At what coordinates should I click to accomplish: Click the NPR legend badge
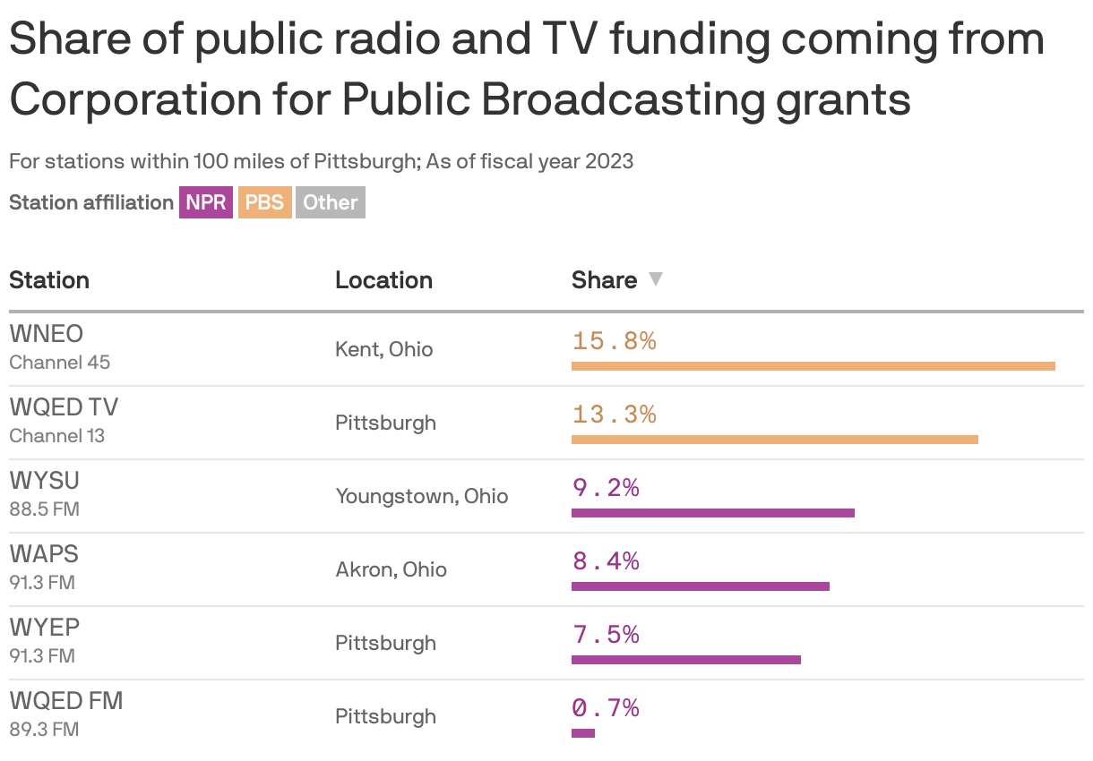pos(205,202)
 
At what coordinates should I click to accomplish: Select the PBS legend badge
pos(264,202)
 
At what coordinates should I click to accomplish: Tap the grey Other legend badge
pos(330,202)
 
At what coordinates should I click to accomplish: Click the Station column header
pos(49,280)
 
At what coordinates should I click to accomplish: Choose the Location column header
pos(383,280)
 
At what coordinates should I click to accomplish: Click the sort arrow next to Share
pos(656,279)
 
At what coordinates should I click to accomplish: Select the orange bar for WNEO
pos(813,365)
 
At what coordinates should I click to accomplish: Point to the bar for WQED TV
pos(774,439)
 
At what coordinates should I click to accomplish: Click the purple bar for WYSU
pos(712,513)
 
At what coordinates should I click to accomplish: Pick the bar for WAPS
pos(700,586)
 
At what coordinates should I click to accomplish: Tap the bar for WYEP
pos(685,660)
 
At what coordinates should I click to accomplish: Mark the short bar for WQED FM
pos(582,733)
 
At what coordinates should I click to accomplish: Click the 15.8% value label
pos(614,341)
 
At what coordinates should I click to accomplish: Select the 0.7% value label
pos(606,708)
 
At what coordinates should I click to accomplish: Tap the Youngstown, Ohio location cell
pos(421,496)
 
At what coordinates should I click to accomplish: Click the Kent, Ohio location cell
pos(383,349)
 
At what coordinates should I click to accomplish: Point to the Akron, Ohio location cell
pos(391,569)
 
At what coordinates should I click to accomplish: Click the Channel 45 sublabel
pos(59,363)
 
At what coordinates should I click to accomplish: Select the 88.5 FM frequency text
pos(44,509)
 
